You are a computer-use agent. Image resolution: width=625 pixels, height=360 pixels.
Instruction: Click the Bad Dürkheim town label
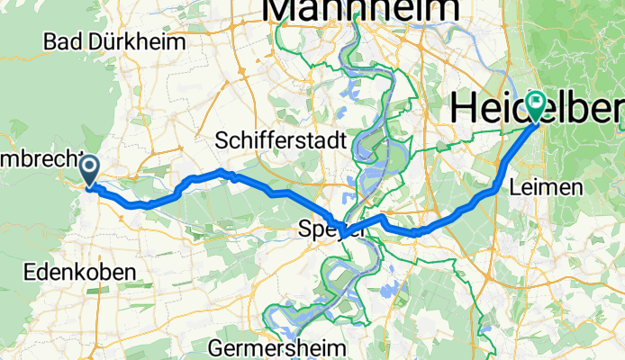tap(113, 41)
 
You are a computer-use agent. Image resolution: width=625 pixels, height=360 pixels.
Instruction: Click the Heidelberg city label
tap(536, 108)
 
